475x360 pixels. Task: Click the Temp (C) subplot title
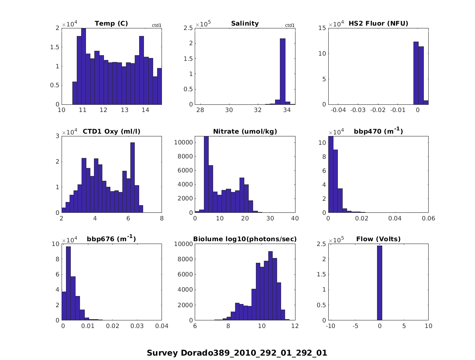[111, 24]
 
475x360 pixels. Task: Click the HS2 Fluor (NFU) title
[378, 24]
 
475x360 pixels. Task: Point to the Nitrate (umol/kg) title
[245, 132]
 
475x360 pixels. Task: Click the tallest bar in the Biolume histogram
[270, 286]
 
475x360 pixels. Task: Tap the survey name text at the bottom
[237, 353]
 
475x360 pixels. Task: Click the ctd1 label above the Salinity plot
[289, 26]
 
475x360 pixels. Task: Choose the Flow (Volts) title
[378, 240]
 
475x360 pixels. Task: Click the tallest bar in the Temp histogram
[84, 66]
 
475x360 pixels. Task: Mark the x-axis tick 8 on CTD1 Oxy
[162, 218]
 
